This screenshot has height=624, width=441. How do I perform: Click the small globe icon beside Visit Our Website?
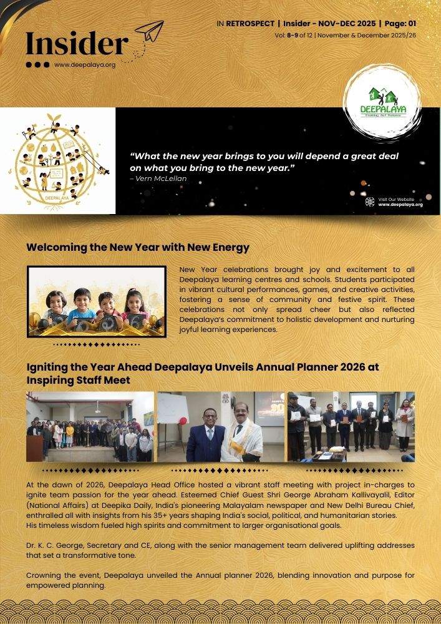coord(370,202)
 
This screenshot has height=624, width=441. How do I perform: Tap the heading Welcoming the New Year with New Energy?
coord(138,247)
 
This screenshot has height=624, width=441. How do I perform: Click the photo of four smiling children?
coord(96,301)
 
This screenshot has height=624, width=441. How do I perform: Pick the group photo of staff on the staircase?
coord(90,427)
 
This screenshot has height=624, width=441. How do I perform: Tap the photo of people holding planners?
coord(351,427)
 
